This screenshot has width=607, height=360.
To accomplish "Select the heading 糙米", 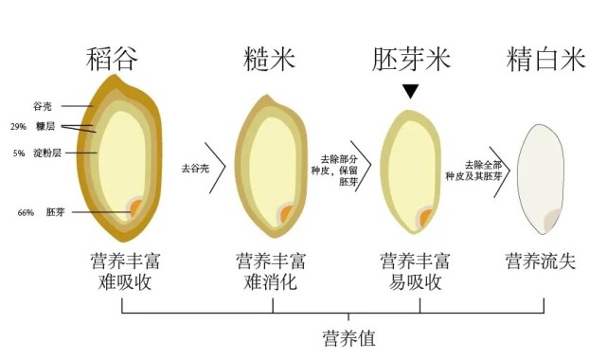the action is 270,61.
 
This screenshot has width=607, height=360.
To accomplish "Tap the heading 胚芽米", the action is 410,61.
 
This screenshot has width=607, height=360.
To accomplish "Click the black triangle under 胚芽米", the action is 410,92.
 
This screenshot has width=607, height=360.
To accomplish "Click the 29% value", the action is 18,127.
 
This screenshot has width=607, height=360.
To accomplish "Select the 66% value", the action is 26,212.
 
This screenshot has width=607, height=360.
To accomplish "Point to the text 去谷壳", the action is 194,167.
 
